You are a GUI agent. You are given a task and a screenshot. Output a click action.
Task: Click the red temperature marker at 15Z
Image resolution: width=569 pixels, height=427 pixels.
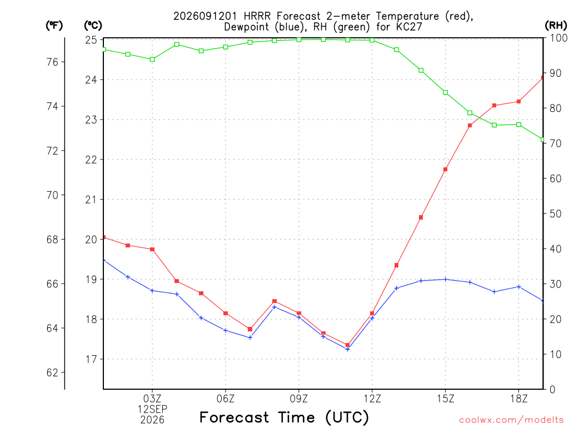pyautogui.click(x=445, y=169)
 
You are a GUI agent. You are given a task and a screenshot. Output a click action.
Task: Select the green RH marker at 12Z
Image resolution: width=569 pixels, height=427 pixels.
pyautogui.click(x=372, y=40)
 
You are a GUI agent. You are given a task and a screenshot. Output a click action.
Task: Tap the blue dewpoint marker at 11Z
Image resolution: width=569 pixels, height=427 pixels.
pyautogui.click(x=348, y=349)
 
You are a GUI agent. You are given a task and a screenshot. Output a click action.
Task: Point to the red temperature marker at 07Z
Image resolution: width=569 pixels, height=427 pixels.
pyautogui.click(x=250, y=329)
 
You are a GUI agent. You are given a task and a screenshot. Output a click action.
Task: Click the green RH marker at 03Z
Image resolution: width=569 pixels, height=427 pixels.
pyautogui.click(x=152, y=59)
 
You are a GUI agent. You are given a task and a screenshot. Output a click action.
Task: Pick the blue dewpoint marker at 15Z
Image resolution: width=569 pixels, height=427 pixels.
pyautogui.click(x=445, y=279)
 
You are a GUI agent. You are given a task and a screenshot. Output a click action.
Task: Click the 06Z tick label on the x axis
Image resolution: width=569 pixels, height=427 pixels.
pyautogui.click(x=226, y=399)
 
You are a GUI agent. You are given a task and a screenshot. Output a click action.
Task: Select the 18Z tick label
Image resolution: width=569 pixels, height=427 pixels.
pyautogui.click(x=518, y=399)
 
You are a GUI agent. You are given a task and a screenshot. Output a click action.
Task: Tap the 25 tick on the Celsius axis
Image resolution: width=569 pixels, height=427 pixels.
pyautogui.click(x=91, y=39)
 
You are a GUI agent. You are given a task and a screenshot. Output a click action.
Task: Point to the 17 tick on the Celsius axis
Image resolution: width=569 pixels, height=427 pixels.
pyautogui.click(x=91, y=359)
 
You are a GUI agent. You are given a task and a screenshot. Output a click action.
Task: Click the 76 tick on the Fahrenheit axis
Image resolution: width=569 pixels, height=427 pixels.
pyautogui.click(x=52, y=62)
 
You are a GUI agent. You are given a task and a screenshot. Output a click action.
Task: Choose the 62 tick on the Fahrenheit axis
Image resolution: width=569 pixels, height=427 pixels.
pyautogui.click(x=52, y=373)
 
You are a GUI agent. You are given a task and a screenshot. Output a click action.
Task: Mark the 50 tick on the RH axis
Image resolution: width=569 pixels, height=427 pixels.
pyautogui.click(x=555, y=213)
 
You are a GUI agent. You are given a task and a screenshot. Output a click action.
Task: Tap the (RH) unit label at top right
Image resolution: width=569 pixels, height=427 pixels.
pyautogui.click(x=556, y=25)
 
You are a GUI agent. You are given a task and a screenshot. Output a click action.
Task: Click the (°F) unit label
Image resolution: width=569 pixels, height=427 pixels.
pyautogui.click(x=54, y=26)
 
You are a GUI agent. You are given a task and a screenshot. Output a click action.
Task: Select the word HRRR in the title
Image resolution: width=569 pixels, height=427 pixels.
pyautogui.click(x=257, y=16)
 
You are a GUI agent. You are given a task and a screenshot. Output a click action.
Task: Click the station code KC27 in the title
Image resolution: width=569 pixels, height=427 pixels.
pyautogui.click(x=410, y=27)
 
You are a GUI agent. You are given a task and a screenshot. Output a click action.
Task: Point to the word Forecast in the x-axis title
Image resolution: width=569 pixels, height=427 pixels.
pyautogui.click(x=234, y=417)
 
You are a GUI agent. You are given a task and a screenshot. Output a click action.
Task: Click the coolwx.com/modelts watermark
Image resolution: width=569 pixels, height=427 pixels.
pyautogui.click(x=511, y=420)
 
